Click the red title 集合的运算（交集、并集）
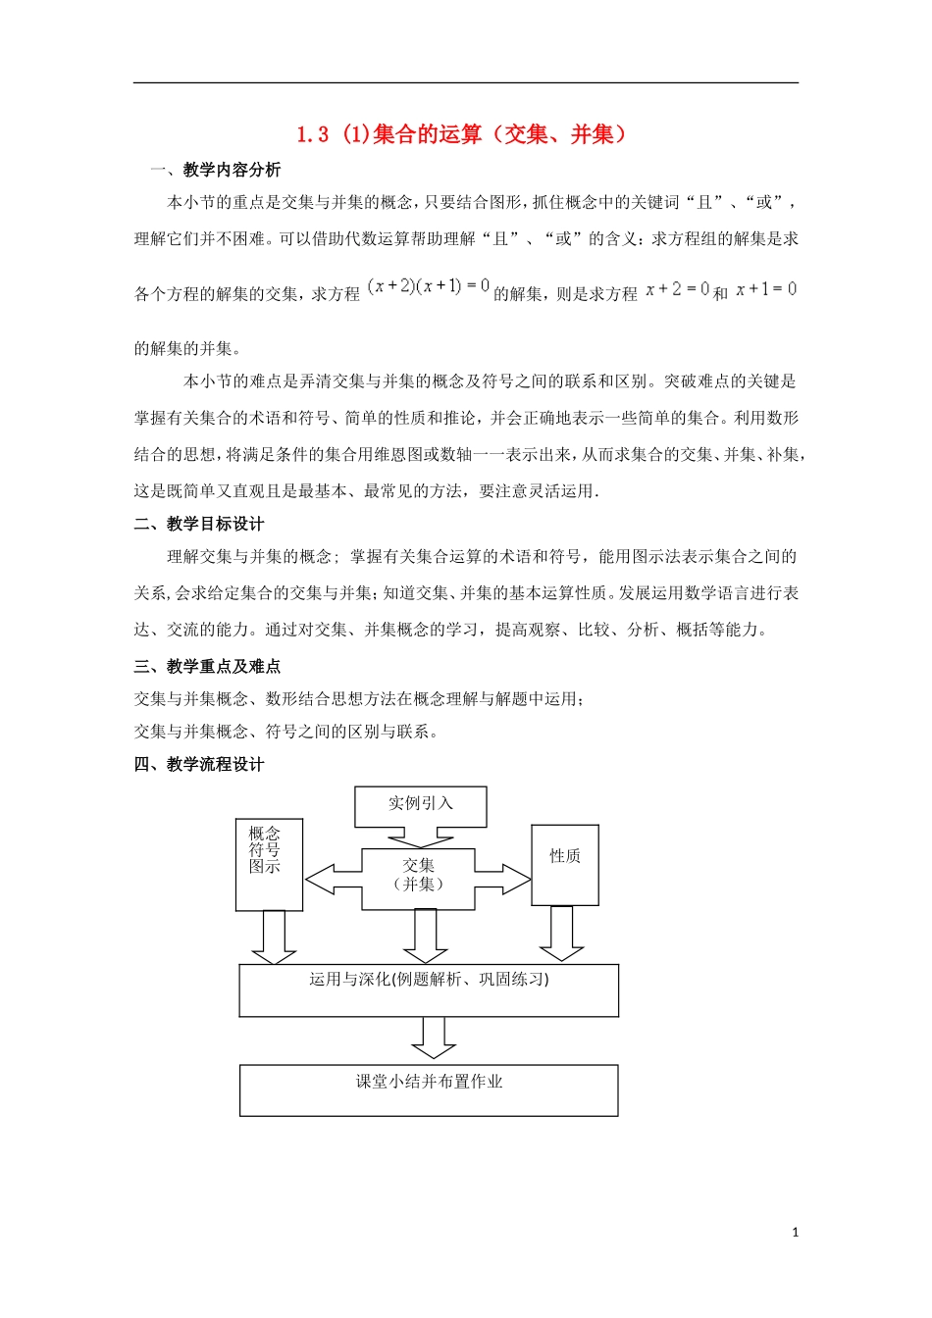(x=461, y=134)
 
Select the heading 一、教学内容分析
(x=216, y=170)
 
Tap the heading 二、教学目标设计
(x=199, y=524)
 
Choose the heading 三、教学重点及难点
(x=207, y=666)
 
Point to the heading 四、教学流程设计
(x=199, y=764)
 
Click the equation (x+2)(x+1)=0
(x=429, y=286)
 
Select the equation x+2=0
(x=677, y=289)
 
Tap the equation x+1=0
(x=766, y=289)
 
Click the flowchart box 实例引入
(x=420, y=804)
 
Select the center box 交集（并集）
(x=418, y=875)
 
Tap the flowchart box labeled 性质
(x=564, y=864)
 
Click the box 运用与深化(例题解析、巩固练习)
(x=429, y=989)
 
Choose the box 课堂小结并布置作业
(x=429, y=1090)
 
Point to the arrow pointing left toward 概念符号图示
(x=333, y=879)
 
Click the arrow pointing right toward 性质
(x=503, y=879)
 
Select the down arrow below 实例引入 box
(x=420, y=836)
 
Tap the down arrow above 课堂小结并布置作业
(x=433, y=1038)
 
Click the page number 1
(x=795, y=1233)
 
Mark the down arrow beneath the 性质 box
(x=561, y=934)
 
